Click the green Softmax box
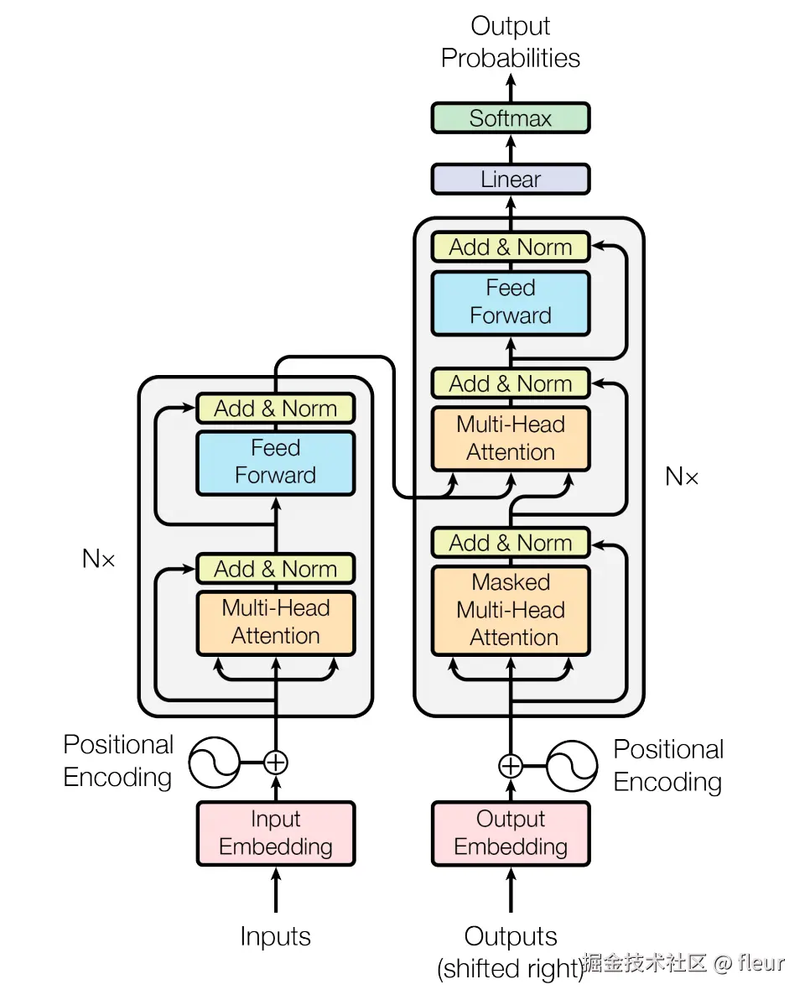(x=510, y=118)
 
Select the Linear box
(x=510, y=180)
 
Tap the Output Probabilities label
(x=510, y=42)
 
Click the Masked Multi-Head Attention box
(x=510, y=610)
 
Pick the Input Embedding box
(x=275, y=833)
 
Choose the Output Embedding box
(x=510, y=833)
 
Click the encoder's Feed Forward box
(x=275, y=462)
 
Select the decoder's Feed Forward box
(x=510, y=302)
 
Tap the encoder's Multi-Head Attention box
(x=275, y=622)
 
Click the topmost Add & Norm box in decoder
(x=510, y=247)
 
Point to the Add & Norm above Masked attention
(x=510, y=543)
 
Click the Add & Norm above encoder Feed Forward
(x=275, y=409)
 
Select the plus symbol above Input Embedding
(x=276, y=763)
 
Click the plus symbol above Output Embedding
(x=511, y=766)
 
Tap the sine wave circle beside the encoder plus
(x=214, y=763)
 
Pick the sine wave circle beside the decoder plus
(x=572, y=766)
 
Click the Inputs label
(x=275, y=937)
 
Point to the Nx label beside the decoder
(x=682, y=477)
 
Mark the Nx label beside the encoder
(x=99, y=559)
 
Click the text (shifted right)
(x=510, y=970)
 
